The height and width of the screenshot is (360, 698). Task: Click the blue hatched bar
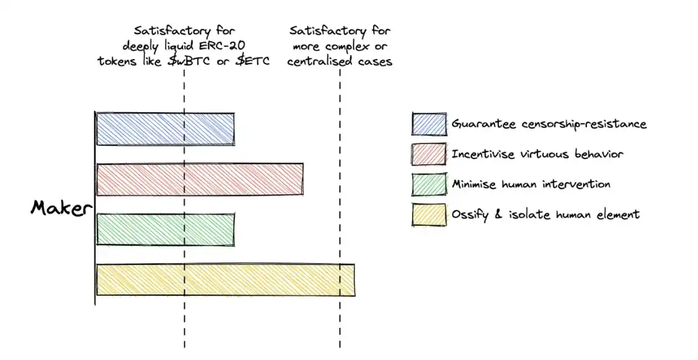tap(165, 129)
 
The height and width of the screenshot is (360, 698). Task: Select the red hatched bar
tap(200, 179)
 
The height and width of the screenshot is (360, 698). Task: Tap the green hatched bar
tap(165, 229)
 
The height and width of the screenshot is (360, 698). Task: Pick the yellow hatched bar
tap(225, 279)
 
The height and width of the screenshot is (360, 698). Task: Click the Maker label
tap(62, 208)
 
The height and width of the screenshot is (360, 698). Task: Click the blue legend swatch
tap(429, 124)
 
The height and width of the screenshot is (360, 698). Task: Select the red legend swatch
tap(429, 154)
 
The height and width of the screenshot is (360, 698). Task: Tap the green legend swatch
tap(429, 184)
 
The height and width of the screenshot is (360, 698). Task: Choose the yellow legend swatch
tap(429, 214)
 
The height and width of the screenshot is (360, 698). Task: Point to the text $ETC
tap(252, 61)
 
